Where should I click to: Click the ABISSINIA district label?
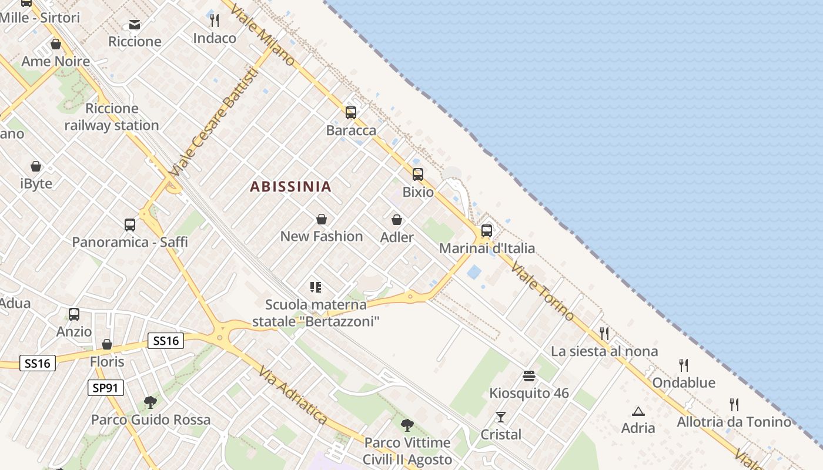pyautogui.click(x=290, y=187)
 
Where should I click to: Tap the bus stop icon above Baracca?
pyautogui.click(x=351, y=113)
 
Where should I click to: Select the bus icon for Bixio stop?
pyautogui.click(x=418, y=174)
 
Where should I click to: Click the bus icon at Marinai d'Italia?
pyautogui.click(x=487, y=231)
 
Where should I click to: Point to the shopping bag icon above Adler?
pyautogui.click(x=397, y=220)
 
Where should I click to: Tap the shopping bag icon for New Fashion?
pyautogui.click(x=322, y=220)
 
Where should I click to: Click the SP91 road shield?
pyautogui.click(x=106, y=388)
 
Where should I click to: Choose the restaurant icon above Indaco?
pyautogui.click(x=215, y=21)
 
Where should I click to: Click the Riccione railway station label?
pyautogui.click(x=112, y=117)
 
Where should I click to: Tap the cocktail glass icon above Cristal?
pyautogui.click(x=501, y=418)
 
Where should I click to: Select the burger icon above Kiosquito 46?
pyautogui.click(x=529, y=376)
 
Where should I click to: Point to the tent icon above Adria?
pyautogui.click(x=638, y=411)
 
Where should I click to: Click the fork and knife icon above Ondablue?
pyautogui.click(x=684, y=365)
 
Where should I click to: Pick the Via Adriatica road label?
pyautogui.click(x=292, y=394)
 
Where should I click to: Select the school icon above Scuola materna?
pyautogui.click(x=316, y=287)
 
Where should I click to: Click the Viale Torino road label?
pyautogui.click(x=542, y=291)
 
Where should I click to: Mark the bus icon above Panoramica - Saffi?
pyautogui.click(x=130, y=225)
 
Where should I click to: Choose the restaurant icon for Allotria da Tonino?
pyautogui.click(x=734, y=405)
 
